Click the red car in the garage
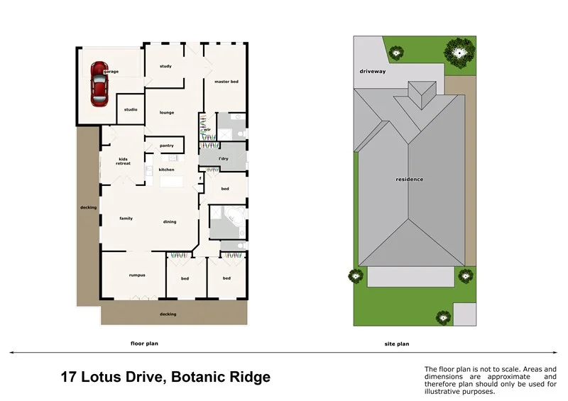99,84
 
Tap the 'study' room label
165,67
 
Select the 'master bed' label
226,83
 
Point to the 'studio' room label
131,109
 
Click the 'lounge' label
167,113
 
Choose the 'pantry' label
167,145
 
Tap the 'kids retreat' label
124,161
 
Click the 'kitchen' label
166,170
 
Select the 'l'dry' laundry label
223,158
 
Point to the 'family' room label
126,219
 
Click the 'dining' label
170,222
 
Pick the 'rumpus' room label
137,275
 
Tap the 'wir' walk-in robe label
207,130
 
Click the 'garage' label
110,72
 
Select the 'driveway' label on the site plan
372,72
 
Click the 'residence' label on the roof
410,179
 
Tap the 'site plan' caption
397,344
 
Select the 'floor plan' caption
144,344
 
